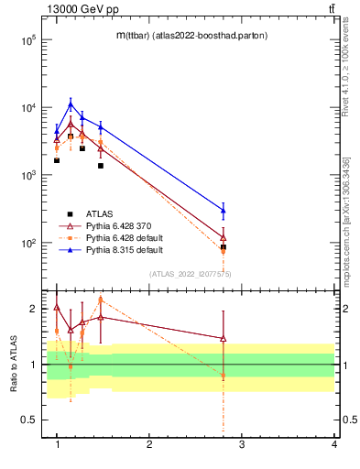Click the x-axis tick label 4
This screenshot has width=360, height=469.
pos(333,444)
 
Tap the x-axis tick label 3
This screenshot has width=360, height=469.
pos(241,444)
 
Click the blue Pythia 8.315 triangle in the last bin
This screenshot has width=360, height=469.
pos(224,211)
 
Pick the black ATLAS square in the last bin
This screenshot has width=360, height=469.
pos(224,247)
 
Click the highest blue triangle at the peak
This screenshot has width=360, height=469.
pos(71,104)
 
